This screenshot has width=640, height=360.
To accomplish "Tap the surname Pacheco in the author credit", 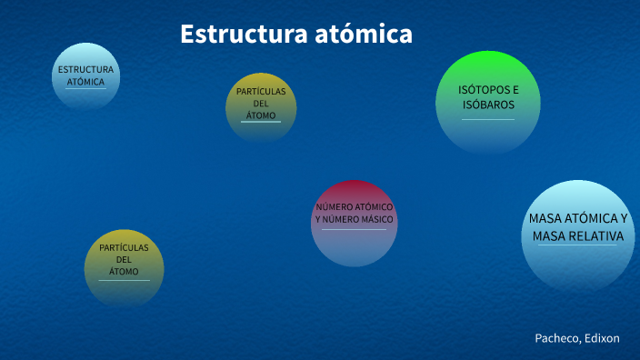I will coord(556,338).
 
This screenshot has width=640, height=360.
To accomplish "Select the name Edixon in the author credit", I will coord(601,338).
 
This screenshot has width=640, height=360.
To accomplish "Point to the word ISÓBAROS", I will coord(488,105).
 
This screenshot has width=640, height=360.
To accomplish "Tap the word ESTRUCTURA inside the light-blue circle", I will coord(85,70).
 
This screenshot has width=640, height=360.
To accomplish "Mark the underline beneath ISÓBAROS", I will coord(488,119).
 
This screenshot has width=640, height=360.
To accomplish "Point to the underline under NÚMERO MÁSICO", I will coord(355,229).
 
